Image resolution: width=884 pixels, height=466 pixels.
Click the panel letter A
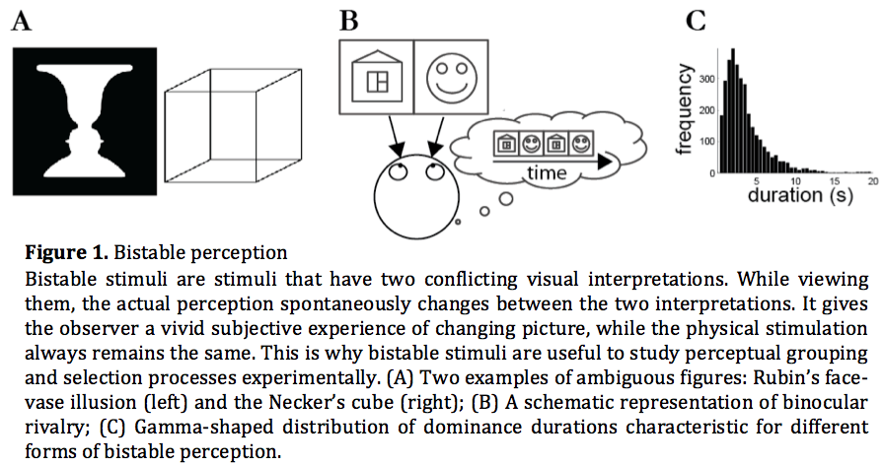[21, 21]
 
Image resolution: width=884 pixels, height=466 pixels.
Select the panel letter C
[698, 19]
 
